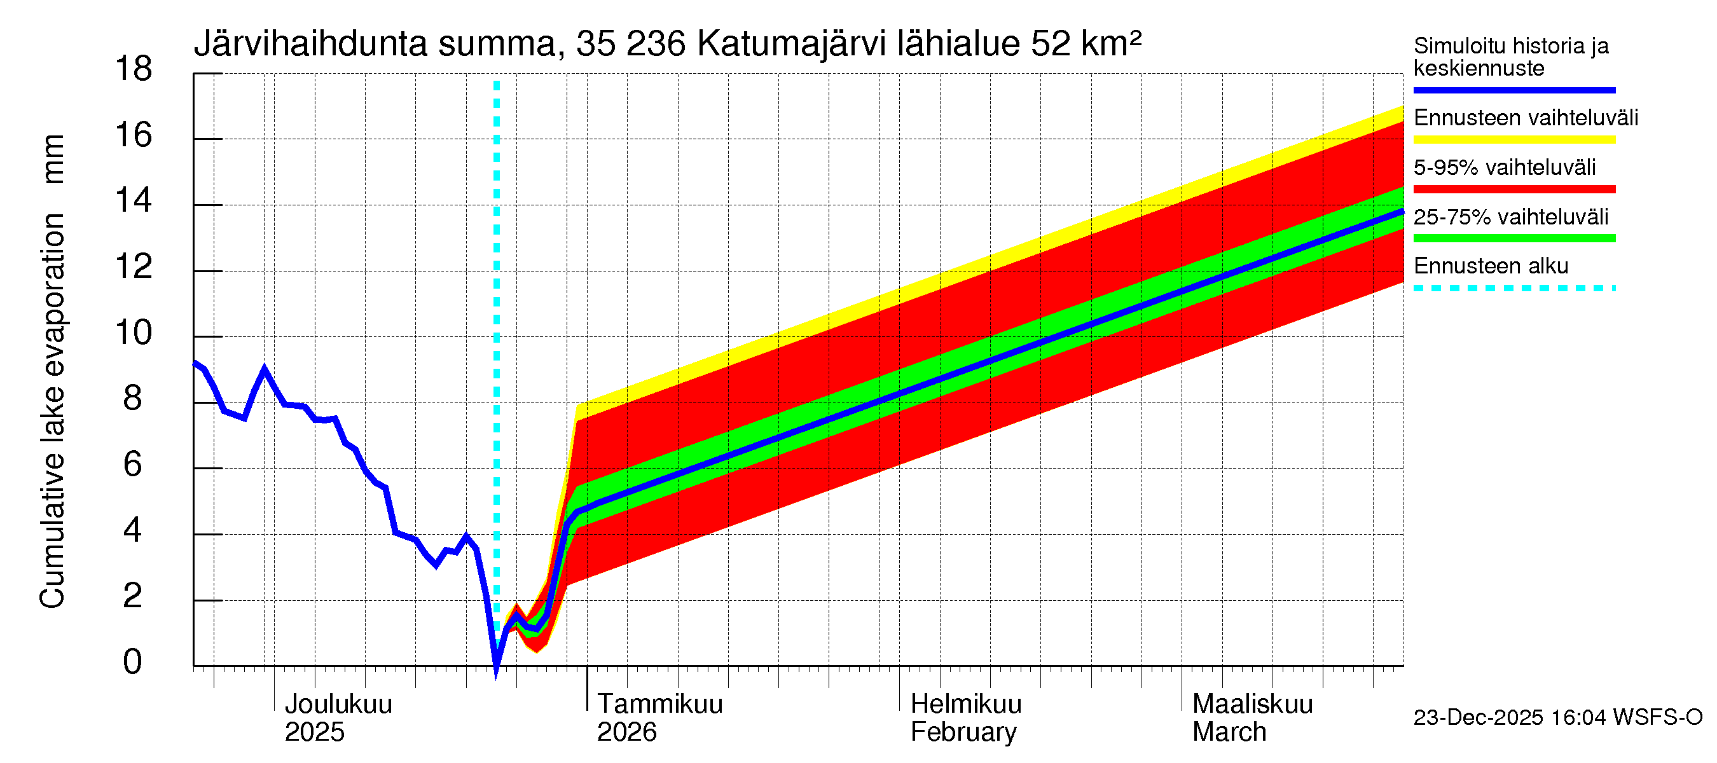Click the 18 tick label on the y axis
pyautogui.click(x=134, y=69)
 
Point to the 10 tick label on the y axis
pyautogui.click(x=134, y=333)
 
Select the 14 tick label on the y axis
pyautogui.click(x=134, y=200)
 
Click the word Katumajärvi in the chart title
pyautogui.click(x=791, y=44)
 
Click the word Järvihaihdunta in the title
pyautogui.click(x=310, y=44)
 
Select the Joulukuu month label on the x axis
pyautogui.click(x=338, y=704)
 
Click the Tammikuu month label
pyautogui.click(x=659, y=704)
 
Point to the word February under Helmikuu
pyautogui.click(x=963, y=732)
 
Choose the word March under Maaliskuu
pyautogui.click(x=1229, y=732)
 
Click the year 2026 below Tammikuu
pyautogui.click(x=626, y=732)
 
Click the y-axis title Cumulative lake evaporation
pyautogui.click(x=53, y=410)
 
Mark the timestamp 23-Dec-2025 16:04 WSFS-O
pyautogui.click(x=1557, y=717)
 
